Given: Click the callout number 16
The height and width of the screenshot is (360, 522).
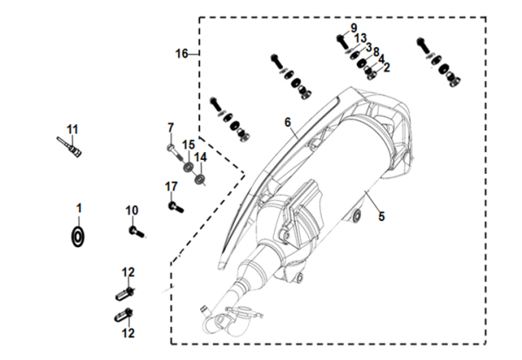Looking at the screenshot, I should (181, 54).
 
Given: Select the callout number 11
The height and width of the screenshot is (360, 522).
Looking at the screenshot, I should (73, 129).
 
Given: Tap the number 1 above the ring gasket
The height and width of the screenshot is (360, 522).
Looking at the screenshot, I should (77, 208).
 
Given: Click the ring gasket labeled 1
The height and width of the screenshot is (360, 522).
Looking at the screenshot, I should (78, 236).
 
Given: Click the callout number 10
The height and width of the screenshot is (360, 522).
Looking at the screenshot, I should (132, 210).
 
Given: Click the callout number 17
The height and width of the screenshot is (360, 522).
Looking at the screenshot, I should (171, 185).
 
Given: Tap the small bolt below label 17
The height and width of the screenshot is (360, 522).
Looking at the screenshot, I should (175, 206).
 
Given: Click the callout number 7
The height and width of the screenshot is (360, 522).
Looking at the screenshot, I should (171, 128).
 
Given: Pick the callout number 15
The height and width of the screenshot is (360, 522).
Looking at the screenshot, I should (188, 143).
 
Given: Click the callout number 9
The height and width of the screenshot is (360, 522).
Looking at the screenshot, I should (354, 28).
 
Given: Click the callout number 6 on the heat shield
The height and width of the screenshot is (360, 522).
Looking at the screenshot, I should (286, 123).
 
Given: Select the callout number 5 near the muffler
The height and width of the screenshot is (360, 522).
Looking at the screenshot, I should (379, 217).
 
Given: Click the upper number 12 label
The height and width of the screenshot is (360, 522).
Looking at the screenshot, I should (129, 272).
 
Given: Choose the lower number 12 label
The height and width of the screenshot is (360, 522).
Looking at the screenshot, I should (129, 332).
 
